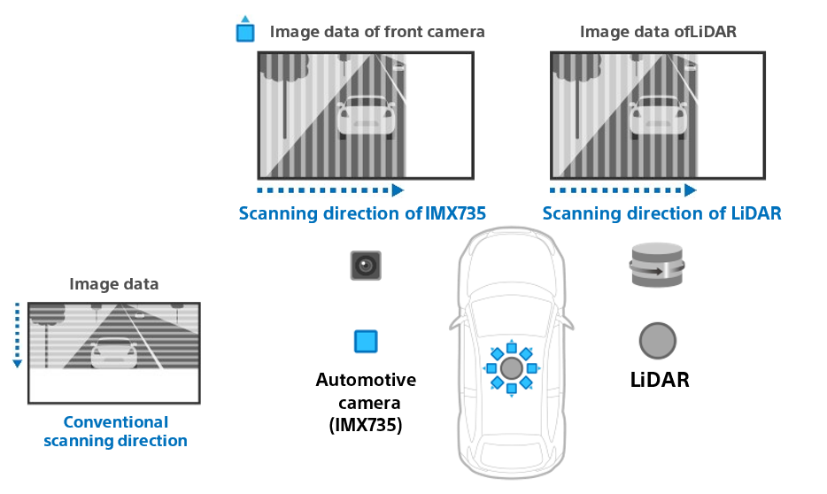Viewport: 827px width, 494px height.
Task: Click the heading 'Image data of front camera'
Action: [x=377, y=32]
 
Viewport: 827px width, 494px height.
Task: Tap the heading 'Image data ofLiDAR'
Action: [x=658, y=32]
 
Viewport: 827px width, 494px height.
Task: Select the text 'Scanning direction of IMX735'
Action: [x=363, y=213]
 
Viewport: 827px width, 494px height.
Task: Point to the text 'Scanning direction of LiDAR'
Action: [x=661, y=213]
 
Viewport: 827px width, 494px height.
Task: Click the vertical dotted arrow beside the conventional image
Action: [x=16, y=336]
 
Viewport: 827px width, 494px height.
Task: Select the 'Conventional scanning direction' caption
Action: [x=115, y=431]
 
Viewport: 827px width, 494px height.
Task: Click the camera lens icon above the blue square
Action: [x=366, y=264]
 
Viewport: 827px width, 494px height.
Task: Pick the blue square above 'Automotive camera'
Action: [x=366, y=342]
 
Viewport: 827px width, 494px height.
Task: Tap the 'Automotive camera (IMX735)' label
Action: [x=366, y=402]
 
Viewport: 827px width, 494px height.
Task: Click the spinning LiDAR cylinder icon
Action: [x=657, y=265]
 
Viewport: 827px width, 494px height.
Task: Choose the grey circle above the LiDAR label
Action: [x=658, y=341]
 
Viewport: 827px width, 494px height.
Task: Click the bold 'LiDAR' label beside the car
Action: [x=660, y=381]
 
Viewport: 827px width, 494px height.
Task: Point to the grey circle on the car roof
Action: [x=511, y=367]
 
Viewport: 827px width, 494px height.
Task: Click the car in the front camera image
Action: [x=366, y=117]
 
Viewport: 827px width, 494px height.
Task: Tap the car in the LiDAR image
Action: [x=658, y=117]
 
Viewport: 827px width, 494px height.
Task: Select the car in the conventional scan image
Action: [x=114, y=352]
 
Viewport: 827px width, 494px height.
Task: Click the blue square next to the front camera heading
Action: [x=245, y=33]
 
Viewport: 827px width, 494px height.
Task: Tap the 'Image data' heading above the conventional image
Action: [x=114, y=284]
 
